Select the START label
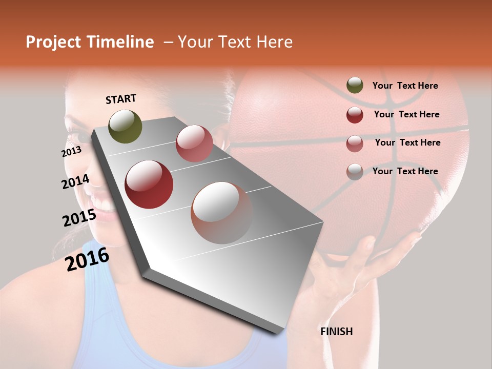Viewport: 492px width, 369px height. tap(121, 99)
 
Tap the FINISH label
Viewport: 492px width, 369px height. tap(336, 332)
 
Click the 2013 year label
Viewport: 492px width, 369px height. tap(71, 151)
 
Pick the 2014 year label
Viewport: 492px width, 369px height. tap(75, 181)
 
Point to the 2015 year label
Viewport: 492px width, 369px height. tap(79, 218)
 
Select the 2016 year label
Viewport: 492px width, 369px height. tap(87, 259)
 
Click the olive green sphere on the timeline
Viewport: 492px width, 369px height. tap(126, 126)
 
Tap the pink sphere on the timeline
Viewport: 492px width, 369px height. tap(194, 143)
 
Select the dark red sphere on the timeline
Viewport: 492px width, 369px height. tap(149, 184)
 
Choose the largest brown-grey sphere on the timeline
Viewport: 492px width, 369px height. tap(222, 212)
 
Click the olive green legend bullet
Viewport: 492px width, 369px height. tap(355, 86)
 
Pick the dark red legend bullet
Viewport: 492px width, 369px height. tap(355, 115)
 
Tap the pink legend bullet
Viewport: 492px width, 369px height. tap(355, 143)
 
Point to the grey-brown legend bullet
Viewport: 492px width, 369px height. tap(355, 172)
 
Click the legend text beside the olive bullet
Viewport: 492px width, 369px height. tap(405, 86)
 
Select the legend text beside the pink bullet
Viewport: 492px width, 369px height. tap(407, 142)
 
